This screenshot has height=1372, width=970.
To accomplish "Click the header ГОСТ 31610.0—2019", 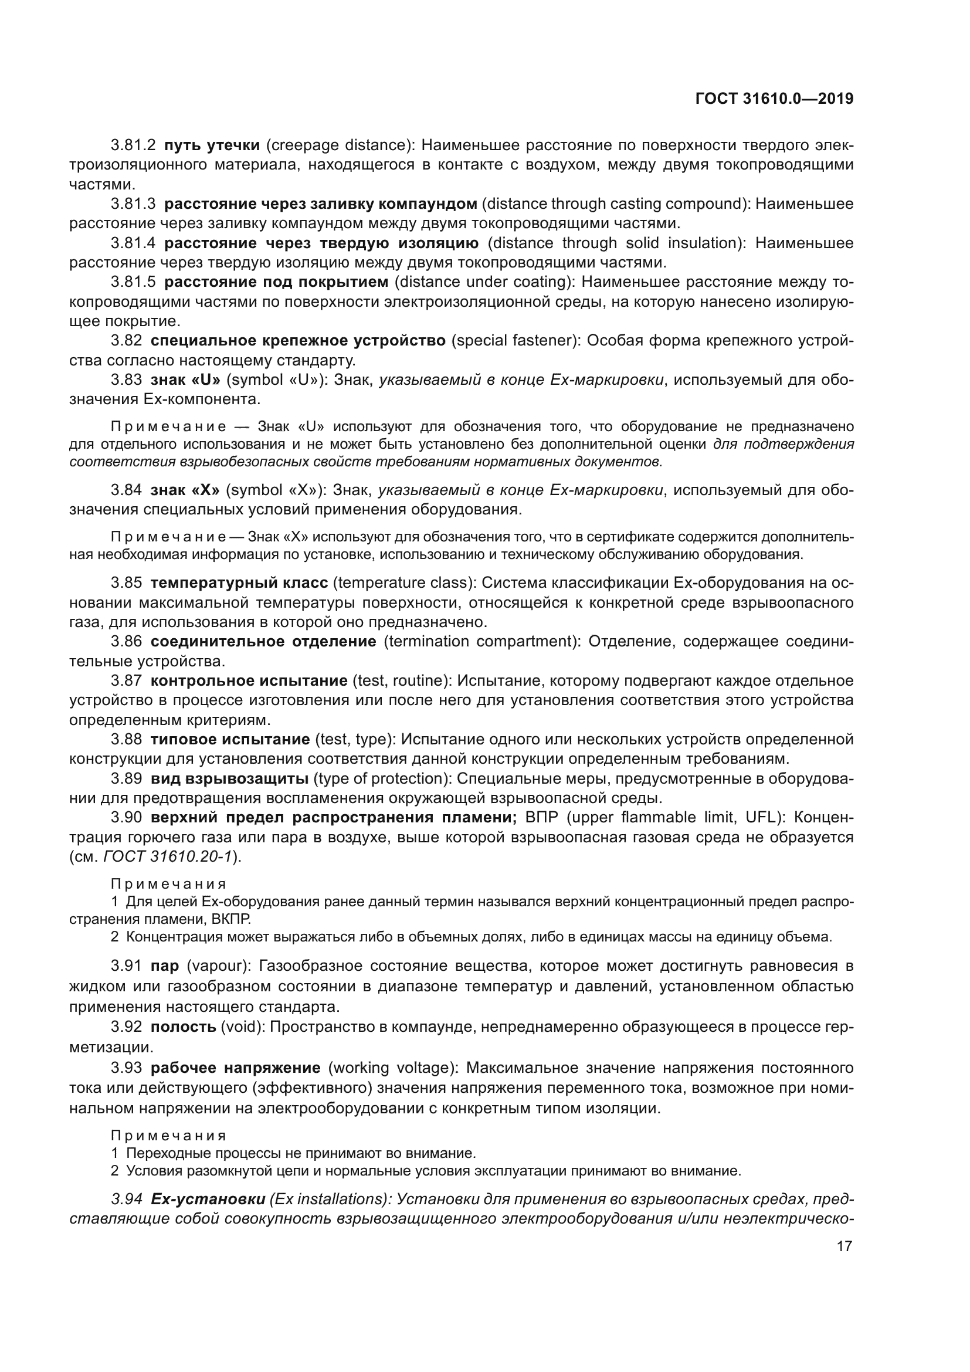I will pos(774,99).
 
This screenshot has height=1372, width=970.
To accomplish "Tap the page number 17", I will pos(844,1246).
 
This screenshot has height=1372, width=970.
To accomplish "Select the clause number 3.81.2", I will pos(133,145).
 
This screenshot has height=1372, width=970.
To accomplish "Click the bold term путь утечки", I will pos(212,145).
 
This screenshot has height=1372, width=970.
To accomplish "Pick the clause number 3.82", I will pos(126,341).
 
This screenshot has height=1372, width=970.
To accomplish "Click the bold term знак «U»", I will pos(185,380).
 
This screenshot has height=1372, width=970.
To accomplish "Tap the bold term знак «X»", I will pos(185,490).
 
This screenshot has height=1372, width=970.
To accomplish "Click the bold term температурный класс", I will pos(239,582).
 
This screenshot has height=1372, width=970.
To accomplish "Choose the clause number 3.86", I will pos(126,641).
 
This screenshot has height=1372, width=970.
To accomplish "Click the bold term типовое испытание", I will pos(229,739).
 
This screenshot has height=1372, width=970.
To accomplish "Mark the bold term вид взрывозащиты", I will pos(229,778).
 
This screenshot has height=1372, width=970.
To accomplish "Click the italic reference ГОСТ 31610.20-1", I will pos(167,856).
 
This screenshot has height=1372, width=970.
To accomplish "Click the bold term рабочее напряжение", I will pos(235,1068).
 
